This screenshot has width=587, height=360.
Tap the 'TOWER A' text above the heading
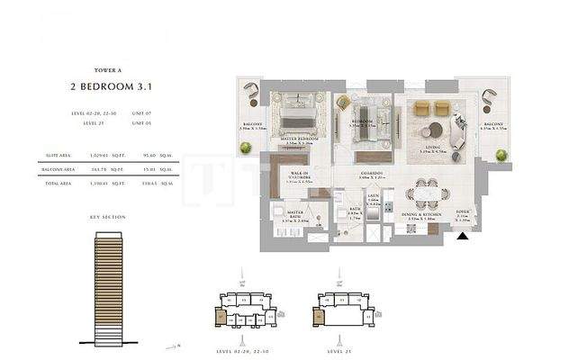tap(108, 69)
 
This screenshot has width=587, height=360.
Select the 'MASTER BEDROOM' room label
tap(299, 139)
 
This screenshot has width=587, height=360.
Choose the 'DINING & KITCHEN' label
tap(422, 215)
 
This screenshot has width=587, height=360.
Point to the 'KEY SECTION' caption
tap(108, 217)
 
